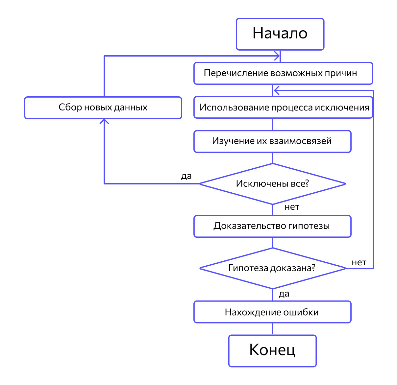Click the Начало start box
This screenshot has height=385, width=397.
280,34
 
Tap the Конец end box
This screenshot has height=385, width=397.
272,351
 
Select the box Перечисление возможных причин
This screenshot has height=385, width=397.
283,73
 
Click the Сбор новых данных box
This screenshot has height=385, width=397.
103,108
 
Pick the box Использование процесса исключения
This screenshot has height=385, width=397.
283,108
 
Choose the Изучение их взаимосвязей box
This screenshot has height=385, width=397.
272,142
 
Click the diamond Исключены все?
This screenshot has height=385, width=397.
272,184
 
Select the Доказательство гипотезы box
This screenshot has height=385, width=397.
272,226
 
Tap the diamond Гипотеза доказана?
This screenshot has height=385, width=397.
272,268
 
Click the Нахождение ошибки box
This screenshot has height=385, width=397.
272,312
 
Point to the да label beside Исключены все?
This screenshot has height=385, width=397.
186,177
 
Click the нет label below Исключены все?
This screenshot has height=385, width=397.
292,207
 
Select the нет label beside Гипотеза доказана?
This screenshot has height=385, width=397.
359,263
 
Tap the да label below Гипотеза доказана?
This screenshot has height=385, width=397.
284,294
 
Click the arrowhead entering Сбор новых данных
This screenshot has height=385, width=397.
104,122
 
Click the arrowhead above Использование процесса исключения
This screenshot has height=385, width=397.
277,90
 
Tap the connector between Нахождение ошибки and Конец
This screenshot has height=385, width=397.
272,329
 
